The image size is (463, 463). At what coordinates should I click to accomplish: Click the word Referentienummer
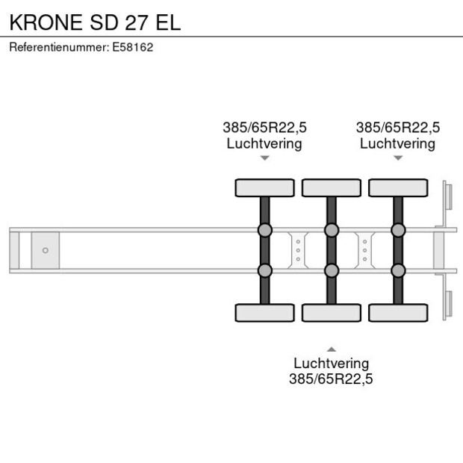pos(58,47)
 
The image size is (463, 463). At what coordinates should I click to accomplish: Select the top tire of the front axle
pos(264,187)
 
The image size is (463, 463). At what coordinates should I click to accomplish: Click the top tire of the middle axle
pos(331,187)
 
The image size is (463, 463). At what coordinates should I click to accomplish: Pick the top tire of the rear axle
pos(397,187)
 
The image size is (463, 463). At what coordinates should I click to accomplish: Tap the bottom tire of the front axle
pos(264,312)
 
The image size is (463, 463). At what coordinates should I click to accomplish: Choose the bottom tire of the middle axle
pos(331,312)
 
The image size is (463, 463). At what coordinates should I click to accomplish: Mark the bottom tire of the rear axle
pos(397,312)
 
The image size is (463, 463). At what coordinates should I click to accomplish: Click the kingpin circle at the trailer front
pos(45,250)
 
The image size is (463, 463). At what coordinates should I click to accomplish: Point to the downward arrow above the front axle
pos(264,158)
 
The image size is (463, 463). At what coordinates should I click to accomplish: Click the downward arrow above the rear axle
pos(397,158)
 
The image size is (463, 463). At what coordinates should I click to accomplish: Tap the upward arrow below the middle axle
pos(331,349)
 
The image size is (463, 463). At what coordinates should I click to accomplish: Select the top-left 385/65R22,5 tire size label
pos(264,127)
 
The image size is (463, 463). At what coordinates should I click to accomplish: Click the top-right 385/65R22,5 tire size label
pos(397,127)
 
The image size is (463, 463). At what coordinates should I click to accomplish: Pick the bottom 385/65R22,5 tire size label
pos(331,379)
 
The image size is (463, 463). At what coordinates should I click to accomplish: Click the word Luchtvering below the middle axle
pos(331,363)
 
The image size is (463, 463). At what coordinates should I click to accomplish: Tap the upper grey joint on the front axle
pos(264,229)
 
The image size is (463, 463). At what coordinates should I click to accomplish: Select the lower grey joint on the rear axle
pos(397,270)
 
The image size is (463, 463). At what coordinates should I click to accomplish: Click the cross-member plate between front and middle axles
pos(298,249)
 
